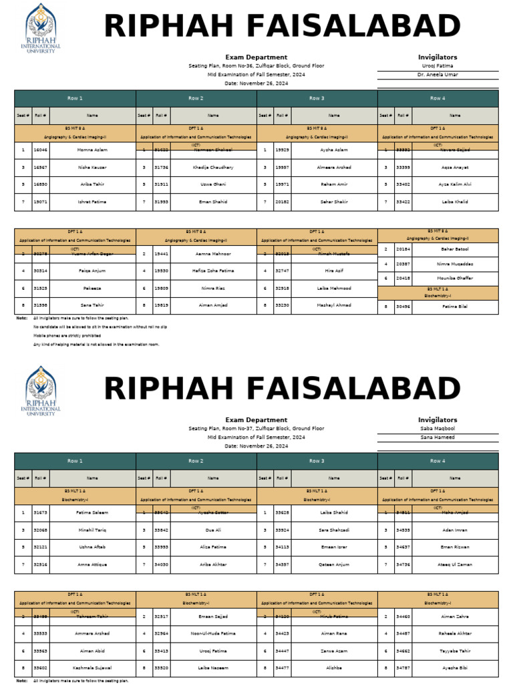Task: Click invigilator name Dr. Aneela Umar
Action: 438,75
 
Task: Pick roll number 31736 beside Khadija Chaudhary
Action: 161,167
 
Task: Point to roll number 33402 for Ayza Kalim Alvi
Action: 403,184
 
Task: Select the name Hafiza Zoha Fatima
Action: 213,271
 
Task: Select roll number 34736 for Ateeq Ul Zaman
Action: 403,564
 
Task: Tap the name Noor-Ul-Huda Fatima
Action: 213,633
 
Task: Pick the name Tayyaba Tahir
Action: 455,651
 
